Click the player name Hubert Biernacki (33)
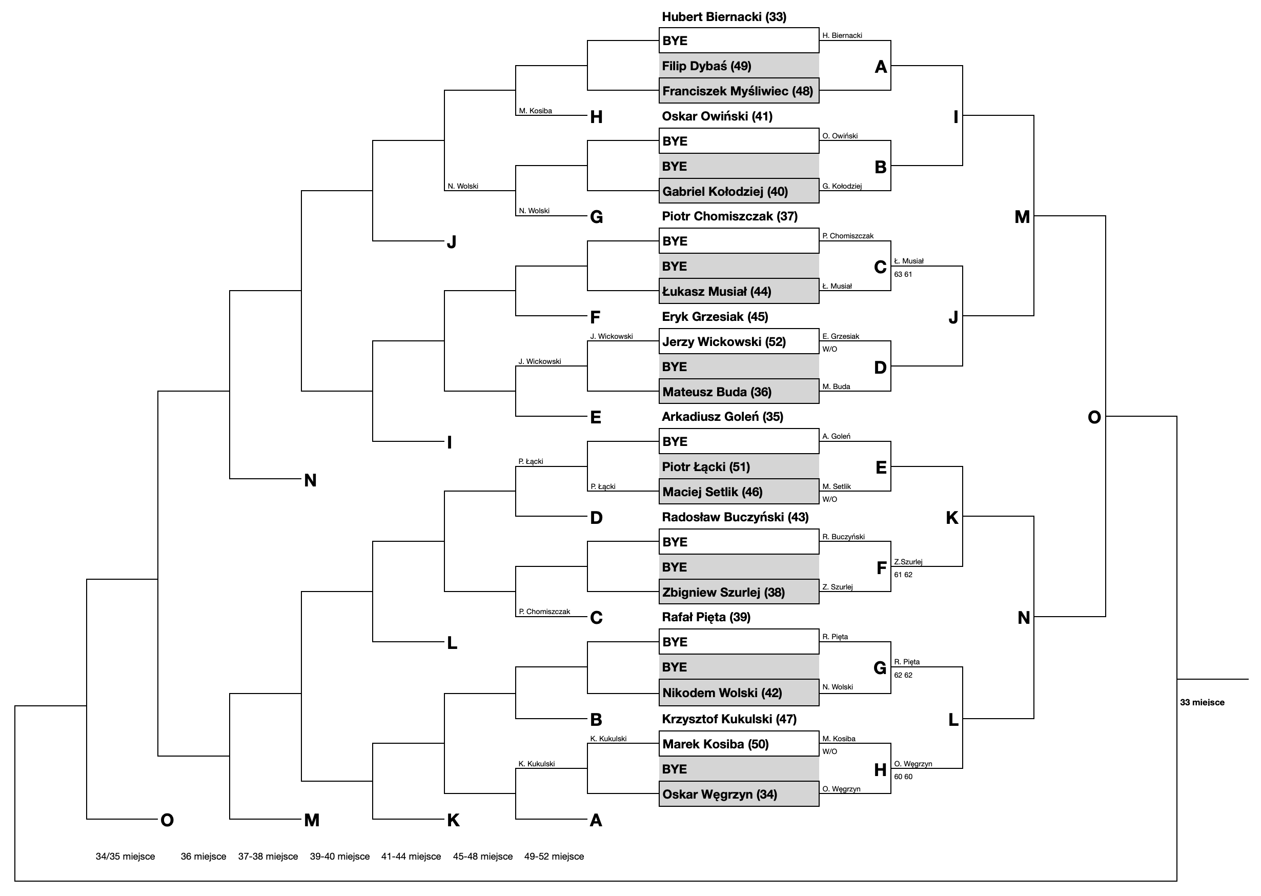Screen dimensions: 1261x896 coord(724,17)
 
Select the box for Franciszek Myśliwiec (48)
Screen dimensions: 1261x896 coord(739,91)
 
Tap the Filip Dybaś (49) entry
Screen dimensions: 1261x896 coord(739,66)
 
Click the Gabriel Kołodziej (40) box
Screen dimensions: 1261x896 coord(739,191)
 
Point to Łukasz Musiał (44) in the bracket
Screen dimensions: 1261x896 coord(739,291)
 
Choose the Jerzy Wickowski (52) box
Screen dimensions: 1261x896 coord(739,341)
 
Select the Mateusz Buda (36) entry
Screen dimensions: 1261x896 coord(739,392)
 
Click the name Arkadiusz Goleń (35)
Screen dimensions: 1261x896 coord(723,417)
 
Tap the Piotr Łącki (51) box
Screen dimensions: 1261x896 coord(739,467)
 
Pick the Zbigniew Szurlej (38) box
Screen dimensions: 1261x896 coord(739,592)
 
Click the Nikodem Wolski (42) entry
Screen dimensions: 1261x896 coord(739,693)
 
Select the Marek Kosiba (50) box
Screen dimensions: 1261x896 coord(739,744)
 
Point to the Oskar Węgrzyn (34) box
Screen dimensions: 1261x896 coord(739,794)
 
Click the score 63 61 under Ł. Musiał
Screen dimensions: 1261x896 coord(903,274)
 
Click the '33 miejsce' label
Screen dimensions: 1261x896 coord(1203,702)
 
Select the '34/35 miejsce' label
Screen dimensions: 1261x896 coord(125,857)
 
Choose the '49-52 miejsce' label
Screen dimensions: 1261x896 coord(554,857)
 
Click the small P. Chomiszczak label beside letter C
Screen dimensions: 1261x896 coord(544,612)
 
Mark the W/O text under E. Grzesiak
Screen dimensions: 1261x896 coord(829,349)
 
